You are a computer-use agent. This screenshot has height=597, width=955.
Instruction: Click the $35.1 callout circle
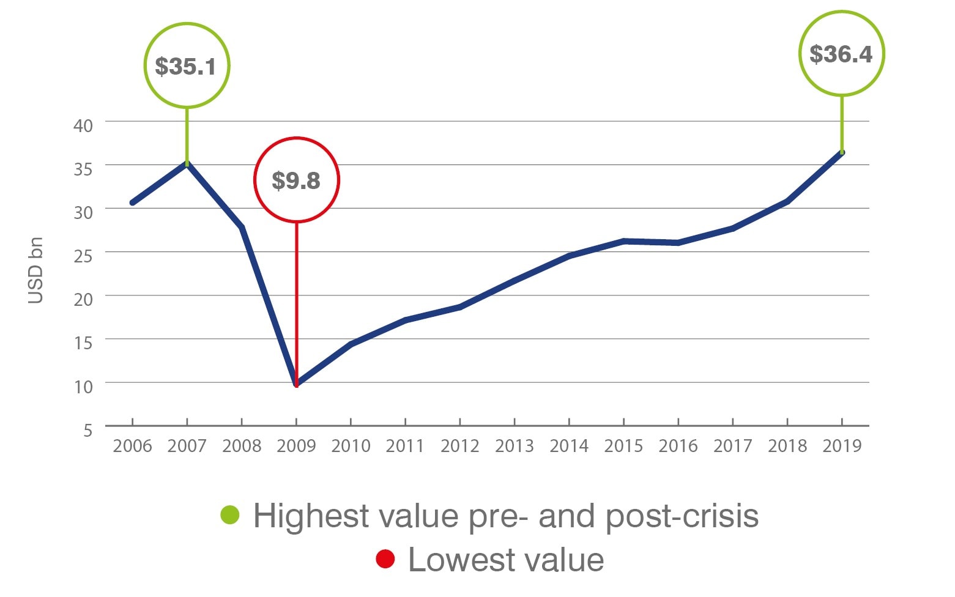[x=187, y=65]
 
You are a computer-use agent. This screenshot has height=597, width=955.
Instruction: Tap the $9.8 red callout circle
[x=296, y=180]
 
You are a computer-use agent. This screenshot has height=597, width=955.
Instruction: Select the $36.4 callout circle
[x=841, y=54]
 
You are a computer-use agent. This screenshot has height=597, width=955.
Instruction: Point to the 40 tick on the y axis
[x=83, y=125]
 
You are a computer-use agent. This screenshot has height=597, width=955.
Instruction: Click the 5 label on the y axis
[x=87, y=430]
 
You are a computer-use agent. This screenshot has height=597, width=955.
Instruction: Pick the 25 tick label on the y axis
[x=83, y=256]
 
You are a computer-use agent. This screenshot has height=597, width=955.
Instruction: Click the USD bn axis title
[x=36, y=270]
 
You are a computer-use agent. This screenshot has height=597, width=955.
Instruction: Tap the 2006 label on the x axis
[x=132, y=446]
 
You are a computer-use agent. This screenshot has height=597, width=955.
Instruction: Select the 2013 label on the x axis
[x=514, y=446]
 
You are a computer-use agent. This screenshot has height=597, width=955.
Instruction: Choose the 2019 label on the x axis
[x=842, y=446]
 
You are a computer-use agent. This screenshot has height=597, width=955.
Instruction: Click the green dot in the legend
[x=230, y=515]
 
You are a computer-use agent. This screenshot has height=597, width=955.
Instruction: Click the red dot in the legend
[x=385, y=559]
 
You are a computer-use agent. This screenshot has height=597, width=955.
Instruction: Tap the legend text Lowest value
[x=506, y=560]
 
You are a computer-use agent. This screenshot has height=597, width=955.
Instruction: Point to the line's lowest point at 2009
[x=297, y=384]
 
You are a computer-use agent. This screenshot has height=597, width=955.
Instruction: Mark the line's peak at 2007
[x=187, y=163]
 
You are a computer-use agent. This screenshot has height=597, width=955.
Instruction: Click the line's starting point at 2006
[x=132, y=202]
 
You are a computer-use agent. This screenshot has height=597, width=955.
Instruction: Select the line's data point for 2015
[x=623, y=241]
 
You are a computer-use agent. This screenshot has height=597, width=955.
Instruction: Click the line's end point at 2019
[x=842, y=152]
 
